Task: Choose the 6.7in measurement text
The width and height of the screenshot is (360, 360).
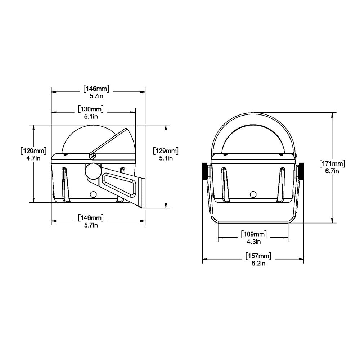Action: point(332,171)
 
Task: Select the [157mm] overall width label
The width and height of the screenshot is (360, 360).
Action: point(258,256)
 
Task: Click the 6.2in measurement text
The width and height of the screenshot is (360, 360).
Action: point(258,264)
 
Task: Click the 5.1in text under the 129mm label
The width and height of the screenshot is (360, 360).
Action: point(166,158)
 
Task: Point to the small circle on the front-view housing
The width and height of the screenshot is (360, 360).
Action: point(253,194)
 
